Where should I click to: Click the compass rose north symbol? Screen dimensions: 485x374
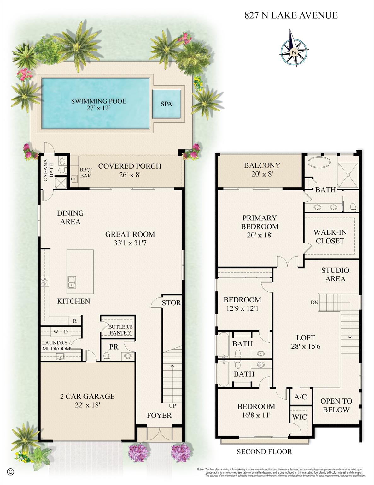(x=294, y=51)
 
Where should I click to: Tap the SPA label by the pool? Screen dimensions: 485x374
(x=166, y=104)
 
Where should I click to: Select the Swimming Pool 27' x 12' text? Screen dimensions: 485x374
(x=98, y=105)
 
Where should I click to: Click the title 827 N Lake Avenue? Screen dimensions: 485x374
(x=291, y=15)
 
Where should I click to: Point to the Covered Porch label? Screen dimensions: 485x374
(x=130, y=170)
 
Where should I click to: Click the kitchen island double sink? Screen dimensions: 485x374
(x=72, y=282)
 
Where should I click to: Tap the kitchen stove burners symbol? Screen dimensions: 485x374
(x=44, y=281)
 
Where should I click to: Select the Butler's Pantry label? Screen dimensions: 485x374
(x=120, y=330)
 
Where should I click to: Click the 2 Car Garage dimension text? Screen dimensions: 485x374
(x=87, y=400)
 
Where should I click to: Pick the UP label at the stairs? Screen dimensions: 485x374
(x=172, y=406)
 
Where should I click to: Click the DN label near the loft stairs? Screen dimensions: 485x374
(x=314, y=302)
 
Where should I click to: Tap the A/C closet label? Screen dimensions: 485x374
(x=300, y=397)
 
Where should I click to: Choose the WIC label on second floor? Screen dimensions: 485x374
(x=299, y=417)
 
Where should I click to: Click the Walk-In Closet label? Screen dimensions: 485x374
(x=330, y=237)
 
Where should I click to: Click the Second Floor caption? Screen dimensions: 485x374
(x=264, y=452)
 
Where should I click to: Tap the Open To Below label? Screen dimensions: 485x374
(x=336, y=405)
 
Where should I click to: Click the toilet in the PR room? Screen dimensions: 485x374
(x=106, y=356)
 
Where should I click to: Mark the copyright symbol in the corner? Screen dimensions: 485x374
(x=10, y=472)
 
